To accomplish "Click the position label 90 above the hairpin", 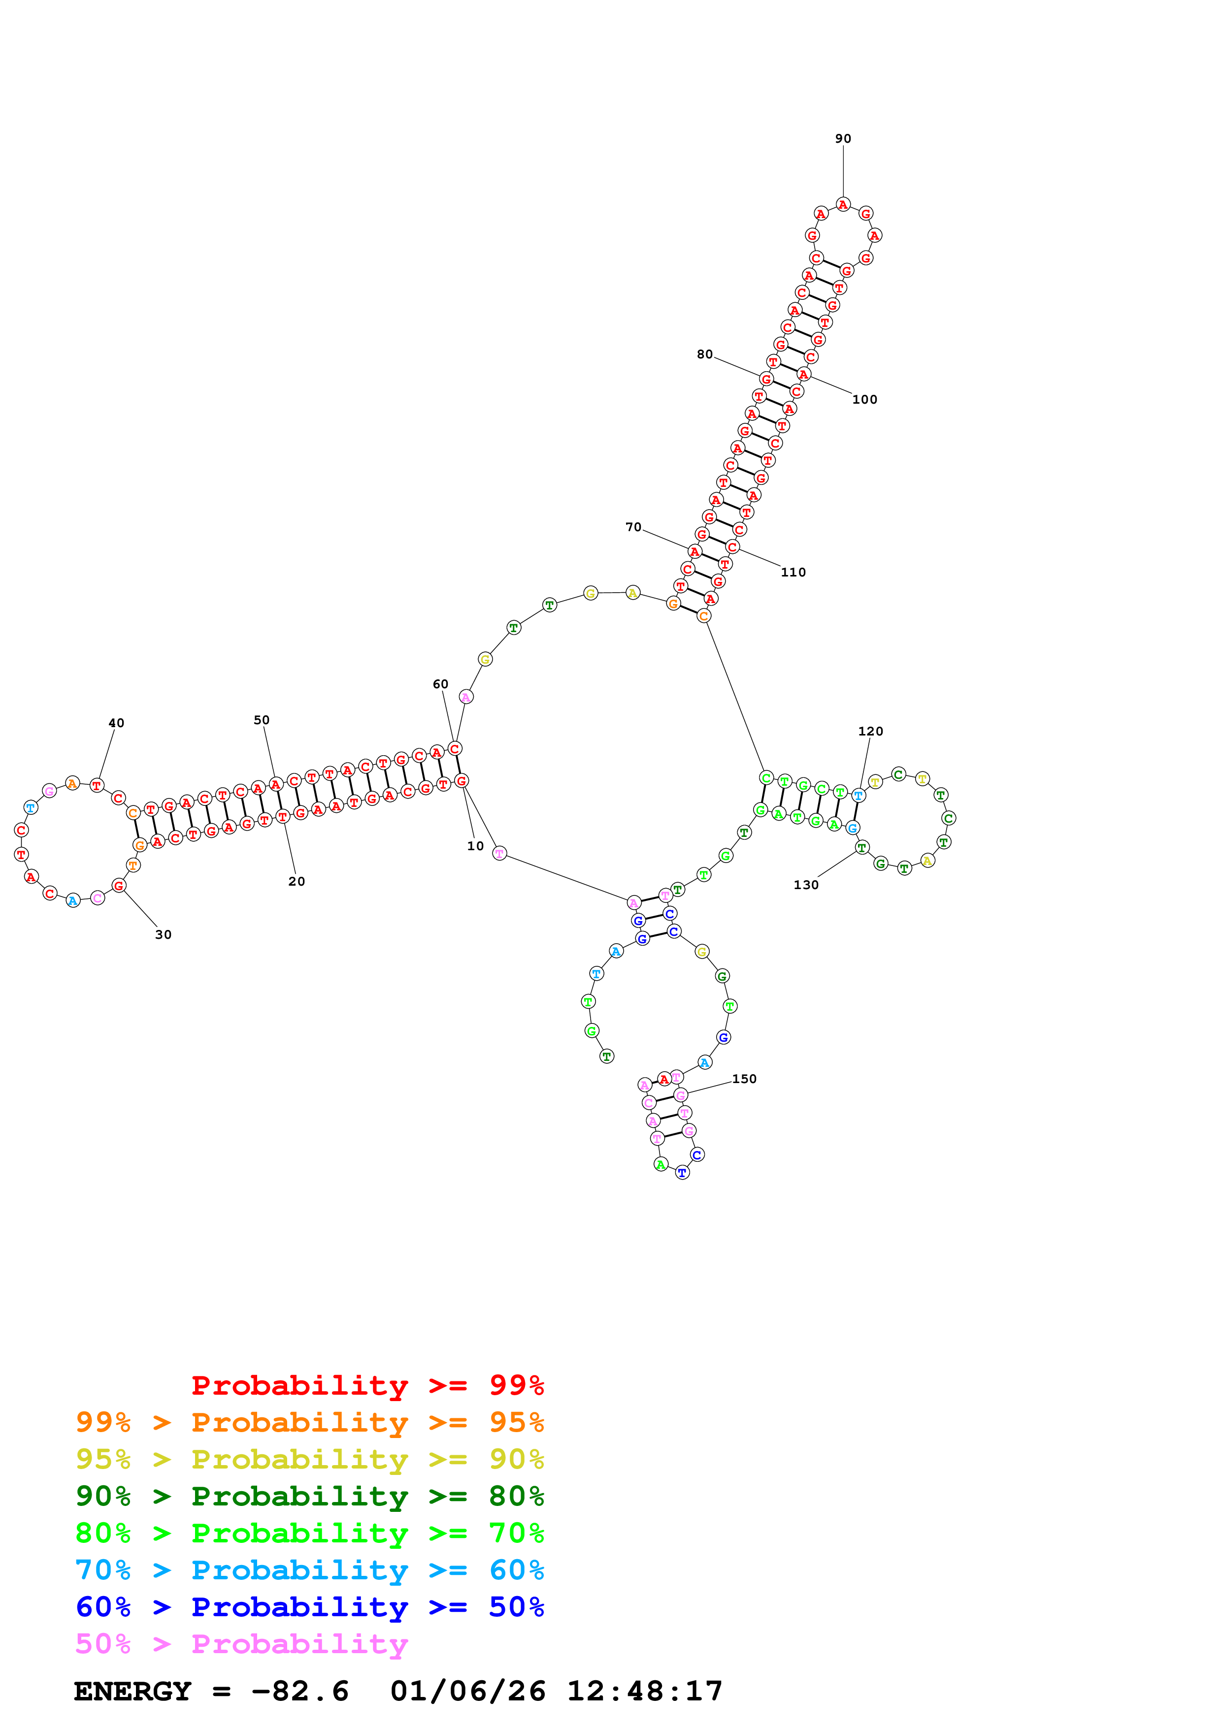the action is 843,138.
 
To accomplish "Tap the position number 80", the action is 704,354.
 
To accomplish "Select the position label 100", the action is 864,399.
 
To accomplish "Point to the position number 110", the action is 793,573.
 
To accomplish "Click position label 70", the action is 633,527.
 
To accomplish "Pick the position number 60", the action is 440,684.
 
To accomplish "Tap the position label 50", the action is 261,720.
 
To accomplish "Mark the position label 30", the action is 163,934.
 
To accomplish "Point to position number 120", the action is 870,731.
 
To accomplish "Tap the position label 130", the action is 806,885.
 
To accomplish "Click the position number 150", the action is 744,1079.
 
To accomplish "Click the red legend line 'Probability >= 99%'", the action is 367,1385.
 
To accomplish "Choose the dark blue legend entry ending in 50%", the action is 309,1607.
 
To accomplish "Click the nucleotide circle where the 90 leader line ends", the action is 843,205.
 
